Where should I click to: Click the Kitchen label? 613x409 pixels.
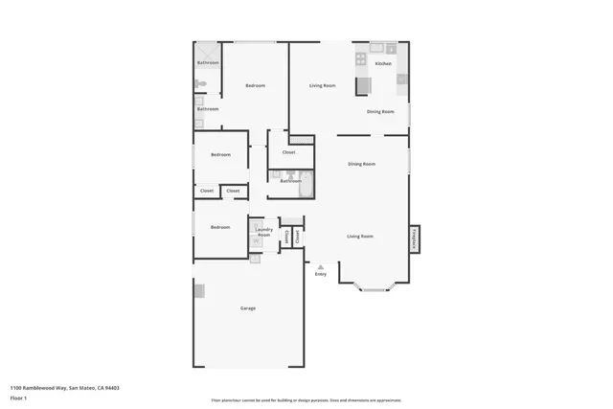click(x=383, y=63)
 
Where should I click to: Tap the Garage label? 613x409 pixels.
click(x=247, y=307)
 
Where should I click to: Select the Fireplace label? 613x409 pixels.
click(x=414, y=238)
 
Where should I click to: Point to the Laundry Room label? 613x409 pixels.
click(x=264, y=233)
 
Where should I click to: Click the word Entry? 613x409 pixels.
click(x=321, y=275)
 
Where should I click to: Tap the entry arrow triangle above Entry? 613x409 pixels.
click(x=321, y=266)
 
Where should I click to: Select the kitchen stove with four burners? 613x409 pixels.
click(x=361, y=59)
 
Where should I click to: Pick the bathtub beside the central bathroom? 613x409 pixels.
click(x=305, y=182)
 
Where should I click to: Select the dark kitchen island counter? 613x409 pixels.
click(x=363, y=86)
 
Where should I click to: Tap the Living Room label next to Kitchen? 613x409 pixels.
click(x=322, y=86)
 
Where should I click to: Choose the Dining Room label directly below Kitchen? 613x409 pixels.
click(x=380, y=112)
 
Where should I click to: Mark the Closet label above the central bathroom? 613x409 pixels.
click(x=288, y=152)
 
